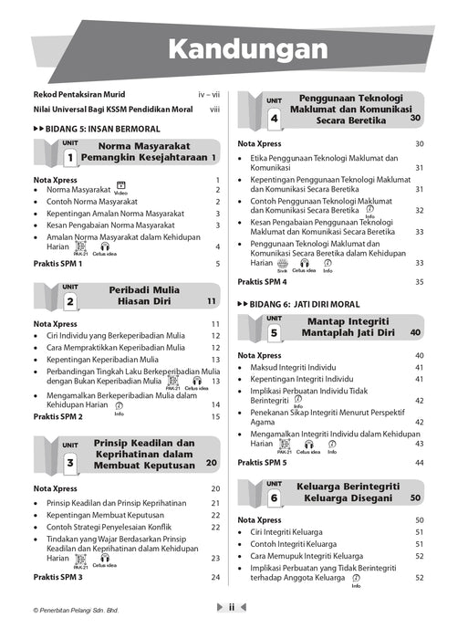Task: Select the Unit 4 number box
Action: pyautogui.click(x=274, y=117)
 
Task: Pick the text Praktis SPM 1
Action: pyautogui.click(x=58, y=264)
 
